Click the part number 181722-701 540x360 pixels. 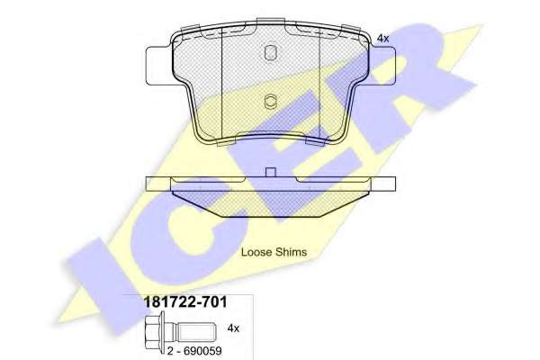tap(184, 302)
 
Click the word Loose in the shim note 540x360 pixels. tap(256, 252)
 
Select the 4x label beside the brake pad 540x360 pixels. tap(383, 39)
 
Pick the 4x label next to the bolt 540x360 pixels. tap(233, 328)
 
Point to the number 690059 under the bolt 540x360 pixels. tap(202, 351)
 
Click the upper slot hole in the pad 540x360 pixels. tap(270, 52)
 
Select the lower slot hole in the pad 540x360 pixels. tap(270, 102)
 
